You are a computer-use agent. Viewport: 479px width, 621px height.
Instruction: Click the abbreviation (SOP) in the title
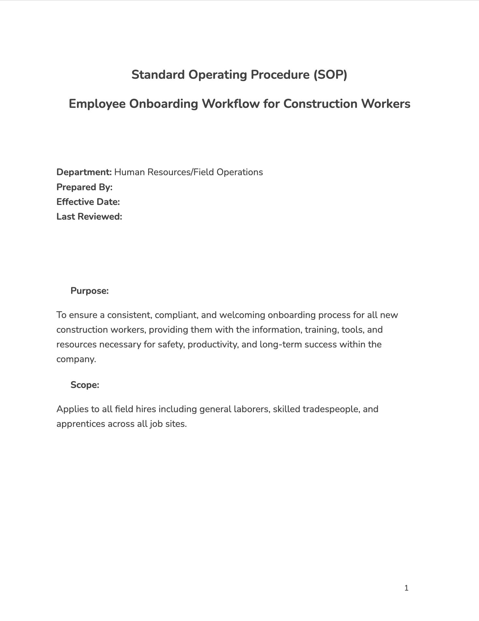(330, 75)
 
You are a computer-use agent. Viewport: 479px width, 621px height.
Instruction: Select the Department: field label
(84, 172)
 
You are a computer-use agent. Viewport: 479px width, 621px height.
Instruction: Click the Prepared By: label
(85, 187)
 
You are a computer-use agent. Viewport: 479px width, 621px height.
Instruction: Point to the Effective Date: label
(88, 202)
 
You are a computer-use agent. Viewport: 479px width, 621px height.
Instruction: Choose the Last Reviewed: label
(89, 216)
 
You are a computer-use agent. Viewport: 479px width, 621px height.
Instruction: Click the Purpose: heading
(89, 291)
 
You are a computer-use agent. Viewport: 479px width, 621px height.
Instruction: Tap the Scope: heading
(85, 385)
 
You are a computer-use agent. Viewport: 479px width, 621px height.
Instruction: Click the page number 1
(406, 588)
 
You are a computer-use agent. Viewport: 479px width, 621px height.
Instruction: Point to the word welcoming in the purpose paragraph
(242, 315)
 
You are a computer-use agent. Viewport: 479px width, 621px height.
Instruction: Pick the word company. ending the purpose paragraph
(76, 359)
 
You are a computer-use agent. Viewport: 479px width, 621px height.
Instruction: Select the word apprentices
(81, 424)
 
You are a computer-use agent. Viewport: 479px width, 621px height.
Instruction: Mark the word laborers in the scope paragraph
(252, 409)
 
